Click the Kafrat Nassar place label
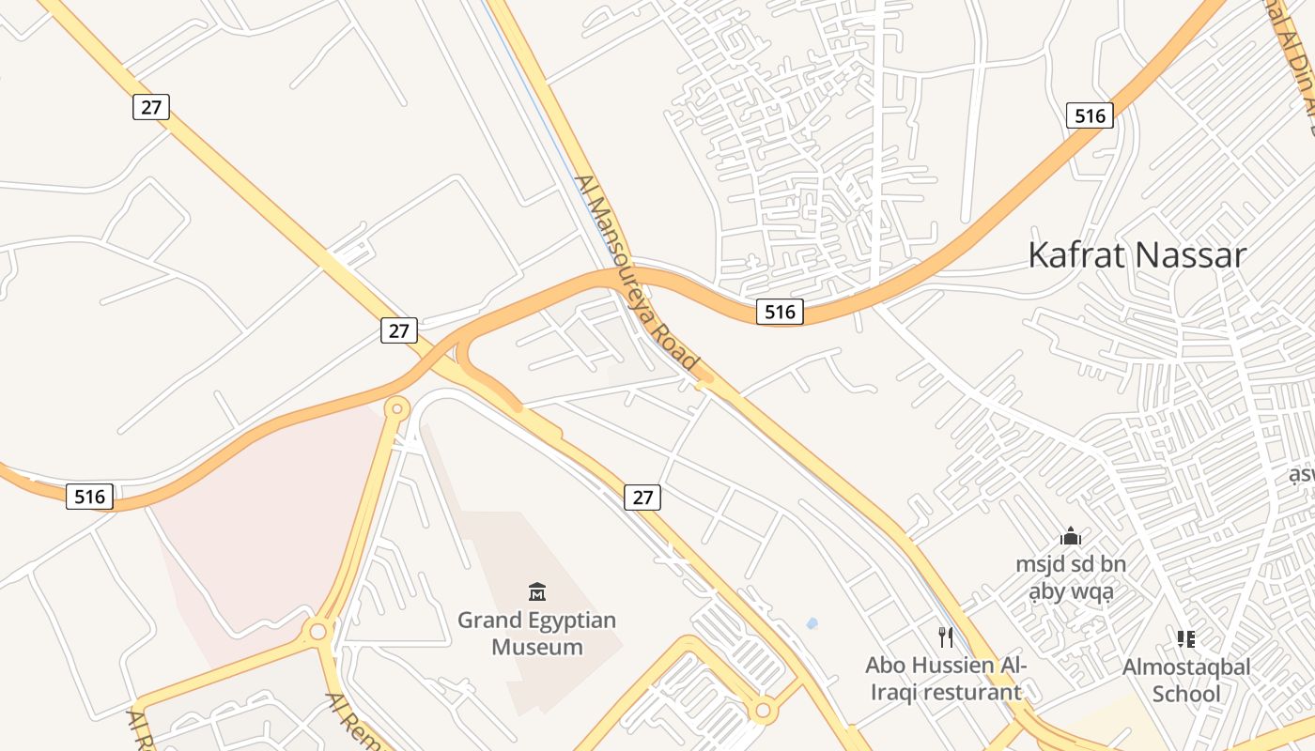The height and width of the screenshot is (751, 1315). click(1137, 255)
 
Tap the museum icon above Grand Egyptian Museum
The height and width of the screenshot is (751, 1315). click(537, 591)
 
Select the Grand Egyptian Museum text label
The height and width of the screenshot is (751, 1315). click(537, 634)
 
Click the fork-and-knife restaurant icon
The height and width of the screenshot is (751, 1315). click(946, 637)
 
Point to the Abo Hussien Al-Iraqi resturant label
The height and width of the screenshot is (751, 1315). click(945, 679)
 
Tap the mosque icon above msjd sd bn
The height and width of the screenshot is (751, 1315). click(1071, 537)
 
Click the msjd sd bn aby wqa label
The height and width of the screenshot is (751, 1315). click(1071, 578)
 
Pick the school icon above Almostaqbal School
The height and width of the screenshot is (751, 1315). click(1186, 639)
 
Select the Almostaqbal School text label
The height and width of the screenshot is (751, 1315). click(1186, 681)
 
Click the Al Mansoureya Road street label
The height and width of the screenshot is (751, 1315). click(638, 272)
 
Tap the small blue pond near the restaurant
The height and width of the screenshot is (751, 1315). click(812, 622)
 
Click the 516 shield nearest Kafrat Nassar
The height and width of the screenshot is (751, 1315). click(1090, 115)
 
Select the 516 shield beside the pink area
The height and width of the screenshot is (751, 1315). click(90, 496)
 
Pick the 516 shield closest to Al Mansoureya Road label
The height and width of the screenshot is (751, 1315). click(780, 312)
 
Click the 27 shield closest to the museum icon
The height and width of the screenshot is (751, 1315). click(642, 497)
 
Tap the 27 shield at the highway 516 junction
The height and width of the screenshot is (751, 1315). click(399, 330)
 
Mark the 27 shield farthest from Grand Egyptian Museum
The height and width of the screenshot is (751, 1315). click(150, 107)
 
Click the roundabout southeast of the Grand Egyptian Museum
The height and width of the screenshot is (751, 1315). click(762, 711)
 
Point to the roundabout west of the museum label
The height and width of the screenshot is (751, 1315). click(318, 631)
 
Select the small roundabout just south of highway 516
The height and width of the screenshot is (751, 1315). click(397, 408)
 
